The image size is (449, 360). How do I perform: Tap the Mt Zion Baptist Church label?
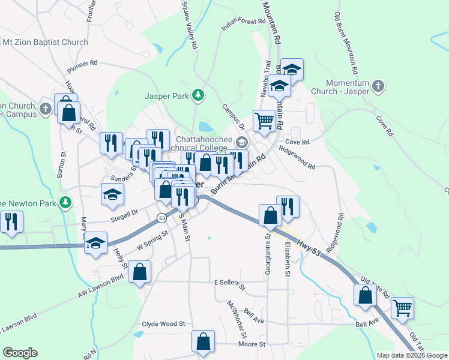(46, 43)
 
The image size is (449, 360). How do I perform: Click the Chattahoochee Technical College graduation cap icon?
(241, 142)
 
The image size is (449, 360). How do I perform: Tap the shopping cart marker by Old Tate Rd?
(402, 308)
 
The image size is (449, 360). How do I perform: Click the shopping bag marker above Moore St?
(203, 341)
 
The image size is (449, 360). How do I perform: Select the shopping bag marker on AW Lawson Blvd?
(140, 272)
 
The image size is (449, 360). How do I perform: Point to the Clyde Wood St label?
(163, 323)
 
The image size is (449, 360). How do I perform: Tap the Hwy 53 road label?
(310, 247)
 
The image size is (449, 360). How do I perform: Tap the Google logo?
(20, 353)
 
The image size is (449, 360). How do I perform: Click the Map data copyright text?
(412, 355)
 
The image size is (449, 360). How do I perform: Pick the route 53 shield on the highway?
(161, 217)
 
